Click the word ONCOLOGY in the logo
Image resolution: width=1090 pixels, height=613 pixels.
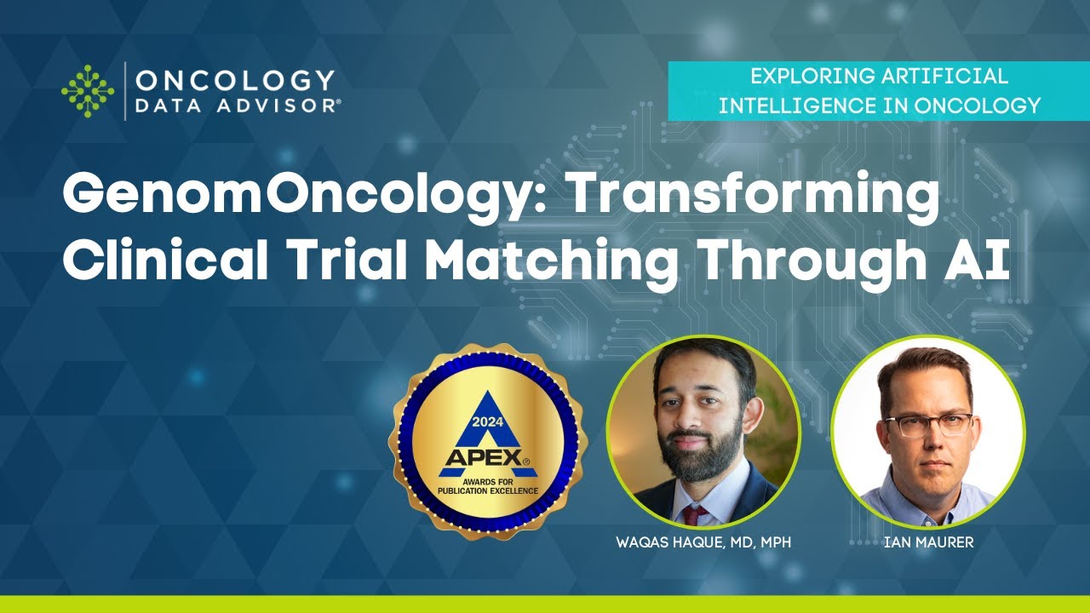click(x=235, y=80)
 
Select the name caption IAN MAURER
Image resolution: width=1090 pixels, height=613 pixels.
click(x=927, y=542)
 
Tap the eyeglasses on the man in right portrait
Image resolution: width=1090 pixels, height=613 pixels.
click(x=928, y=425)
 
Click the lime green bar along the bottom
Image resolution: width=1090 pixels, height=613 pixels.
click(x=545, y=604)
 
